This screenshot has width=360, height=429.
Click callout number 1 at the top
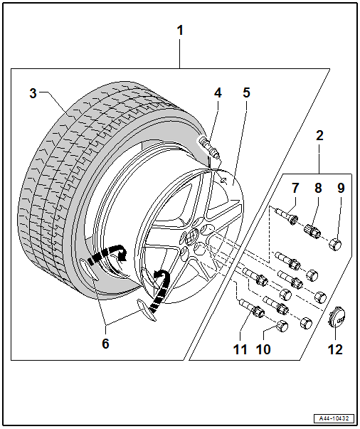(x=180, y=31)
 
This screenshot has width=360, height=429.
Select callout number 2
(x=319, y=136)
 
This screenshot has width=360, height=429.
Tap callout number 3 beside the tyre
(x=33, y=93)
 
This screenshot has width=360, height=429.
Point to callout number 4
(x=218, y=93)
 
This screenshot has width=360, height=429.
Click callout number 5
(x=246, y=92)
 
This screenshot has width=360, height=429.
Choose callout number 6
(x=105, y=344)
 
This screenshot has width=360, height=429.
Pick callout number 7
(x=295, y=188)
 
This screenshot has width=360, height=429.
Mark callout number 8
(x=318, y=188)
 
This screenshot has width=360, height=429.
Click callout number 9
(x=341, y=188)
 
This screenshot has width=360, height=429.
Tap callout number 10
(x=263, y=349)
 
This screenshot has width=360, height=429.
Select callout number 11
(x=240, y=349)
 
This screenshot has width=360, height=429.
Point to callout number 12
(x=335, y=349)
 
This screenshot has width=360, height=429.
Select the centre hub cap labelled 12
(x=337, y=317)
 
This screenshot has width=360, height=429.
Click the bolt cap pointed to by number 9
(x=336, y=244)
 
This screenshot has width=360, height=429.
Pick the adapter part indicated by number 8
(x=312, y=231)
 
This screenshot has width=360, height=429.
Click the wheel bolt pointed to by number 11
(x=252, y=308)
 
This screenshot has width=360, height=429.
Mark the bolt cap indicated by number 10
(x=282, y=326)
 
